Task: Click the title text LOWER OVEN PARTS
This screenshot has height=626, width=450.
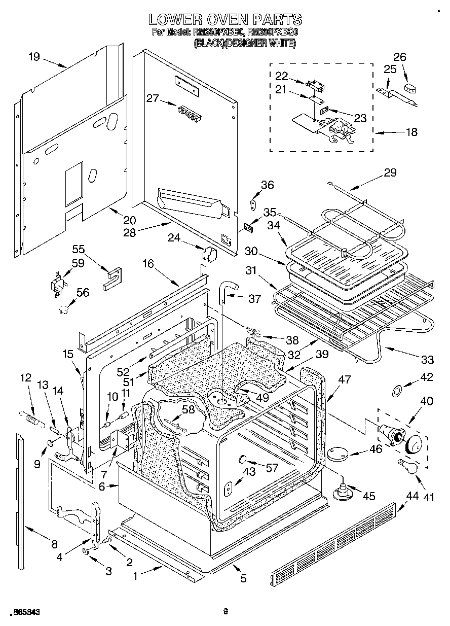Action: (x=225, y=20)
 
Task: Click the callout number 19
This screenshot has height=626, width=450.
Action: (x=33, y=56)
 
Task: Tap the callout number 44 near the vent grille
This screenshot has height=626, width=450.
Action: (x=413, y=496)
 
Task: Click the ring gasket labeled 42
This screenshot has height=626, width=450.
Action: (x=398, y=390)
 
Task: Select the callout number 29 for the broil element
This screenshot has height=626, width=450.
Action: (x=390, y=172)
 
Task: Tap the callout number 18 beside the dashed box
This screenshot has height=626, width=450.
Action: (x=411, y=132)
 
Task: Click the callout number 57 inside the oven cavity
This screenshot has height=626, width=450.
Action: (x=272, y=468)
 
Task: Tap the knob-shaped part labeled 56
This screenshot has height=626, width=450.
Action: (x=63, y=309)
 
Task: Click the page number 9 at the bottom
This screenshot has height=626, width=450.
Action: (x=226, y=612)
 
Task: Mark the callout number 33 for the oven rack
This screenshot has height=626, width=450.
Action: (x=427, y=360)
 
